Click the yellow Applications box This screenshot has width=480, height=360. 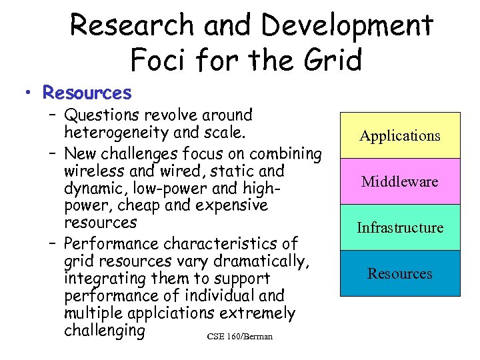pyautogui.click(x=400, y=135)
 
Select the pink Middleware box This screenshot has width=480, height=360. pyautogui.click(x=400, y=181)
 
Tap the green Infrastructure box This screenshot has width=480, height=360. pyautogui.click(x=400, y=227)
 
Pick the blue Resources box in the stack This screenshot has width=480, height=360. pyautogui.click(x=400, y=273)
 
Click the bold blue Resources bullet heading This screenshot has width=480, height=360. pyautogui.click(x=87, y=92)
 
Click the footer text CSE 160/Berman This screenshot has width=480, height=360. pyautogui.click(x=239, y=336)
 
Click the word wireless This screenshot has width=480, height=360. pyautogui.click(x=92, y=171)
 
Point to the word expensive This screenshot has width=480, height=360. pyautogui.click(x=231, y=205)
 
